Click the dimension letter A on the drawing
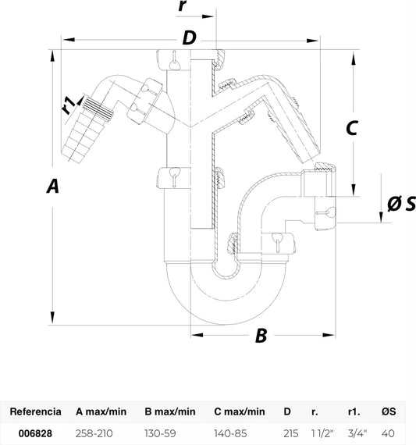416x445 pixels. [53, 186]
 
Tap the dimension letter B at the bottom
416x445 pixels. [261, 335]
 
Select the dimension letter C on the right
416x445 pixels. [352, 128]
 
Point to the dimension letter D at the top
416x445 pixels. [189, 37]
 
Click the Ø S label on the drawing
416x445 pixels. [401, 204]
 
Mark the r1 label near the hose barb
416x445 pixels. [69, 105]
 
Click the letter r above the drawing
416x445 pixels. [183, 5]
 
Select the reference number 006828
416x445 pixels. [35, 433]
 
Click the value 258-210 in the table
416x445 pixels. [94, 433]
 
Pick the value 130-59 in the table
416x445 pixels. [160, 433]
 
